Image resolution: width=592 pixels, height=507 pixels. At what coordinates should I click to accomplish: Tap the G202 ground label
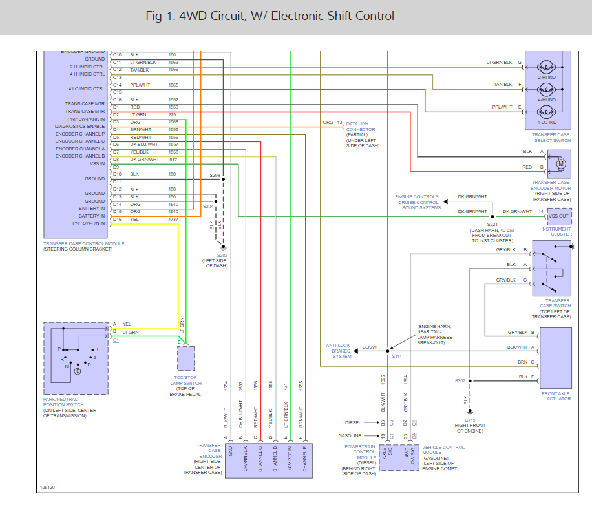click(x=222, y=255)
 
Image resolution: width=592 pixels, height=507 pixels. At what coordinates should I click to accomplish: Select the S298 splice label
click(x=215, y=175)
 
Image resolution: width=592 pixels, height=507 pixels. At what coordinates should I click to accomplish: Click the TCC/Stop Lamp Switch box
click(x=185, y=358)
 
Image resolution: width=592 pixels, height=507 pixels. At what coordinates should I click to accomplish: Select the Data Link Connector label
click(x=361, y=130)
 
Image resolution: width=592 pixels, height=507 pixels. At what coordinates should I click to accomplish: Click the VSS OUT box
click(x=558, y=216)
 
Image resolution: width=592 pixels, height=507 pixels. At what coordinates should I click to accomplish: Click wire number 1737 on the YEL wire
click(x=173, y=220)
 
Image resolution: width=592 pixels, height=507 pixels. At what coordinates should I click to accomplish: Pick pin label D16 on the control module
click(x=117, y=220)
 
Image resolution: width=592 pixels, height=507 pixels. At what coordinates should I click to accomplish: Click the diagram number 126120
click(x=47, y=488)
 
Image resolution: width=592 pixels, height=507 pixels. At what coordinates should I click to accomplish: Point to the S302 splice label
click(x=460, y=380)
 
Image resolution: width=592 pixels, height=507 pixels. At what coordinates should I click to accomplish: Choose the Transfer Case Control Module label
click(x=85, y=243)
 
